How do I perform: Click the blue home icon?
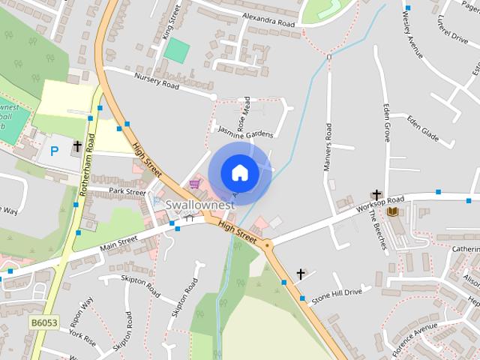click(239, 172)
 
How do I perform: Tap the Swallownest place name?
click(200, 204)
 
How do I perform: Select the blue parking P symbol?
click(54, 151)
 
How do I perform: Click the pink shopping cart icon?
click(195, 183)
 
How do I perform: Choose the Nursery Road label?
click(157, 80)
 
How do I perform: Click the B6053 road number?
click(43, 322)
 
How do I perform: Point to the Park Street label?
click(127, 192)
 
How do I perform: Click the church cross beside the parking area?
click(77, 146)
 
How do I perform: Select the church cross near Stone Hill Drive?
click(301, 274)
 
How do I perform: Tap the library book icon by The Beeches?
click(392, 212)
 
